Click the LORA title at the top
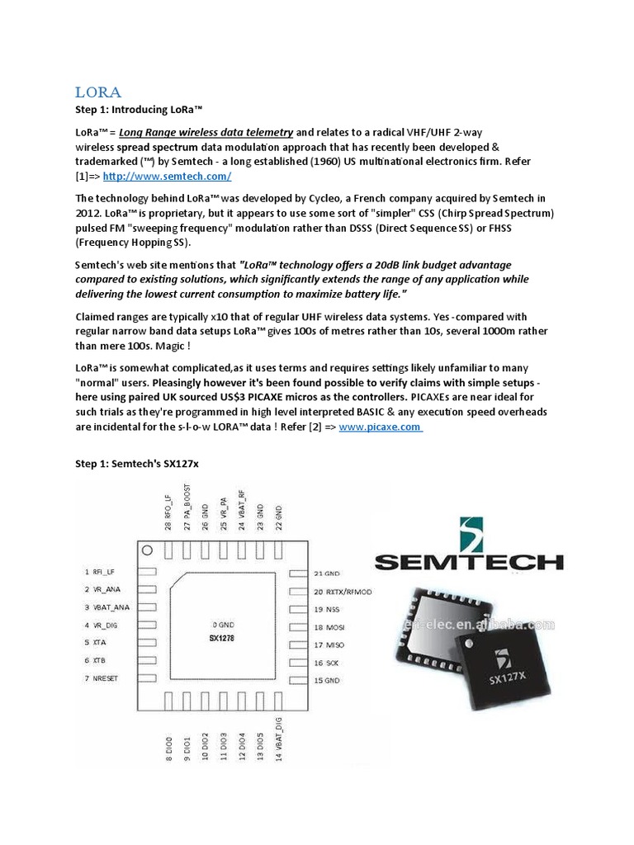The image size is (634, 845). (98, 92)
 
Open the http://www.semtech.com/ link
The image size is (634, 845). (167, 176)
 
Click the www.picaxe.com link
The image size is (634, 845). (380, 427)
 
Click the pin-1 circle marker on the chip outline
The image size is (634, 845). (147, 549)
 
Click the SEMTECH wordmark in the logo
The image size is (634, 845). (469, 563)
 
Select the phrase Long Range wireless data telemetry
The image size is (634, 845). (206, 132)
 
